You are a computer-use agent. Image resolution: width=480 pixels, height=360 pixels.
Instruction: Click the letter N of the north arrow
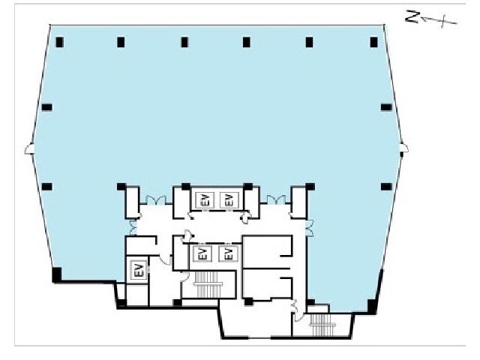click(412, 16)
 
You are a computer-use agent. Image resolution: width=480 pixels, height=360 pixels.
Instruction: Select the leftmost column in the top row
click(59, 42)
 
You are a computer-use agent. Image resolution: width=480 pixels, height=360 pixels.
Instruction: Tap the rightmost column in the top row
click(373, 42)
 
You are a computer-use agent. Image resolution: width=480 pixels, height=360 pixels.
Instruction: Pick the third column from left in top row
click(184, 42)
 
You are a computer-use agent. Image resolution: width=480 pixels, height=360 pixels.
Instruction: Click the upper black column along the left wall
click(46, 107)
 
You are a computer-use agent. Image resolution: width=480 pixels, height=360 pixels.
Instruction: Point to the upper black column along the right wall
click(386, 107)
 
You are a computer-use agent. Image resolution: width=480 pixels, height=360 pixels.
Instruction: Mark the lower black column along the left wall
click(46, 187)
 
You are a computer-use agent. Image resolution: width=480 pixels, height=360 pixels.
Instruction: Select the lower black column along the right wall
click(386, 187)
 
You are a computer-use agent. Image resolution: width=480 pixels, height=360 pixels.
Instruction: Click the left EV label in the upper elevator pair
click(205, 200)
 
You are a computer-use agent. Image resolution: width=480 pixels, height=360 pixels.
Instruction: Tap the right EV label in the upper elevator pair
click(229, 200)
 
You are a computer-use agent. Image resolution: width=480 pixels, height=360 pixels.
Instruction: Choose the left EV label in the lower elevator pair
click(202, 253)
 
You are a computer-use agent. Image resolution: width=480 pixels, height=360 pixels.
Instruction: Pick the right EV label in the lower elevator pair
click(228, 253)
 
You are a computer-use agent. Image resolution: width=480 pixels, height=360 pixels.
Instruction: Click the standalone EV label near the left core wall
click(138, 269)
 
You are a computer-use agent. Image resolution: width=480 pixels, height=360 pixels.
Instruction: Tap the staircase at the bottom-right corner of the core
click(322, 325)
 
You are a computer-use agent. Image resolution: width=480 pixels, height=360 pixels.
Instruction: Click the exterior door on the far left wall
click(29, 149)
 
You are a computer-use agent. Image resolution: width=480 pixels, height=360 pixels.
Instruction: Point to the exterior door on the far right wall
click(403, 148)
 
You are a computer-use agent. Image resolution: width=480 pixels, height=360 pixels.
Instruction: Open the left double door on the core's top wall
click(156, 200)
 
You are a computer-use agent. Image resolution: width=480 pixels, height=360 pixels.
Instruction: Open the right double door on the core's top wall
click(277, 200)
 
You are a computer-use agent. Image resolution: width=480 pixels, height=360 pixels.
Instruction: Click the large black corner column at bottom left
click(57, 274)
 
